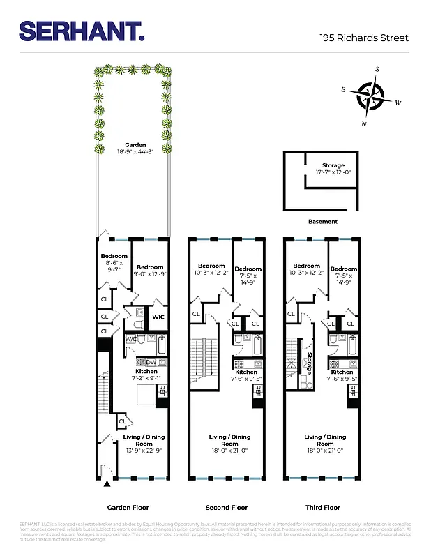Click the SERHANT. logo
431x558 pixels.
82,31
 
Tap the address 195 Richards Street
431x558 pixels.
363,38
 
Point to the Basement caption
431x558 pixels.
322,222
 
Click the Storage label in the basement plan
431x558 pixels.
333,169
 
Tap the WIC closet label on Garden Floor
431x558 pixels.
158,317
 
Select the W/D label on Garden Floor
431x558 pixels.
131,339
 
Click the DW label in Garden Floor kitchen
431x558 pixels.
151,362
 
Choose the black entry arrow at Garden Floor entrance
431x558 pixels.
107,483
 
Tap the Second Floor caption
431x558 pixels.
226,508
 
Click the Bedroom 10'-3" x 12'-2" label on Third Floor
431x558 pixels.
307,269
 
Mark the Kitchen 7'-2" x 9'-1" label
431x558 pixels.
146,375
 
